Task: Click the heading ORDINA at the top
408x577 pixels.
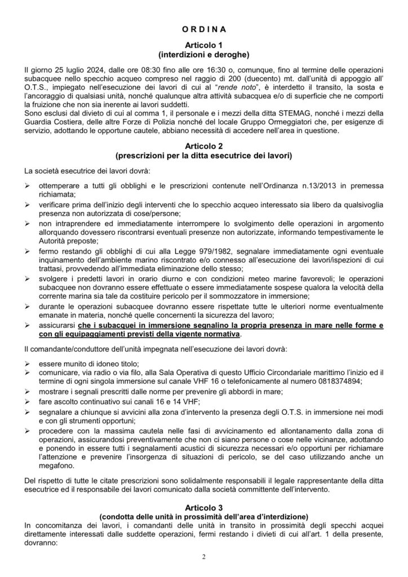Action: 204,27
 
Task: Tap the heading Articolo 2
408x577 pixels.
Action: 204,144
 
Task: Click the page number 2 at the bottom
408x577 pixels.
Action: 204,557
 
